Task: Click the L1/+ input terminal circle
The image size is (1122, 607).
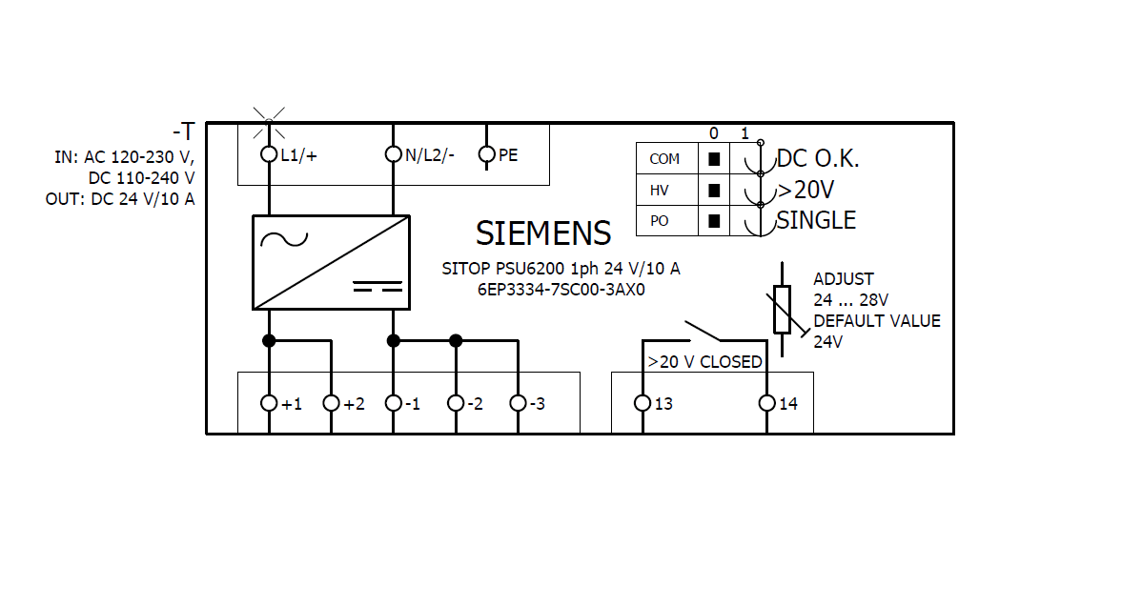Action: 269,154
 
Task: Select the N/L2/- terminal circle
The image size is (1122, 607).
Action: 393,154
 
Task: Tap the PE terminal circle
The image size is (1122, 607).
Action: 486,154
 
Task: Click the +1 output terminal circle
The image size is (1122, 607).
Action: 269,403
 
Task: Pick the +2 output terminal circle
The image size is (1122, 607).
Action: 331,403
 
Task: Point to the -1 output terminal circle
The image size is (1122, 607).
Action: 393,403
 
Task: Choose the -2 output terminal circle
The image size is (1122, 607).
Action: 456,403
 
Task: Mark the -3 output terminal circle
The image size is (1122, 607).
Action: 518,403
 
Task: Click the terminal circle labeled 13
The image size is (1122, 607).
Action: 643,403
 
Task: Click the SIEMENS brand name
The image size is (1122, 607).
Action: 543,233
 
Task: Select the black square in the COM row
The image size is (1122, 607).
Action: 713,159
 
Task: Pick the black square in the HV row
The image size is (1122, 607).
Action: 713,191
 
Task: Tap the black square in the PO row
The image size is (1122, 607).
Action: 713,221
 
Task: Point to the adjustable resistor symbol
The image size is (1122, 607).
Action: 783,309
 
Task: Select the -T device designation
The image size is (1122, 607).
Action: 183,132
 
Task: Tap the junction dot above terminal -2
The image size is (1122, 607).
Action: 456,340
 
